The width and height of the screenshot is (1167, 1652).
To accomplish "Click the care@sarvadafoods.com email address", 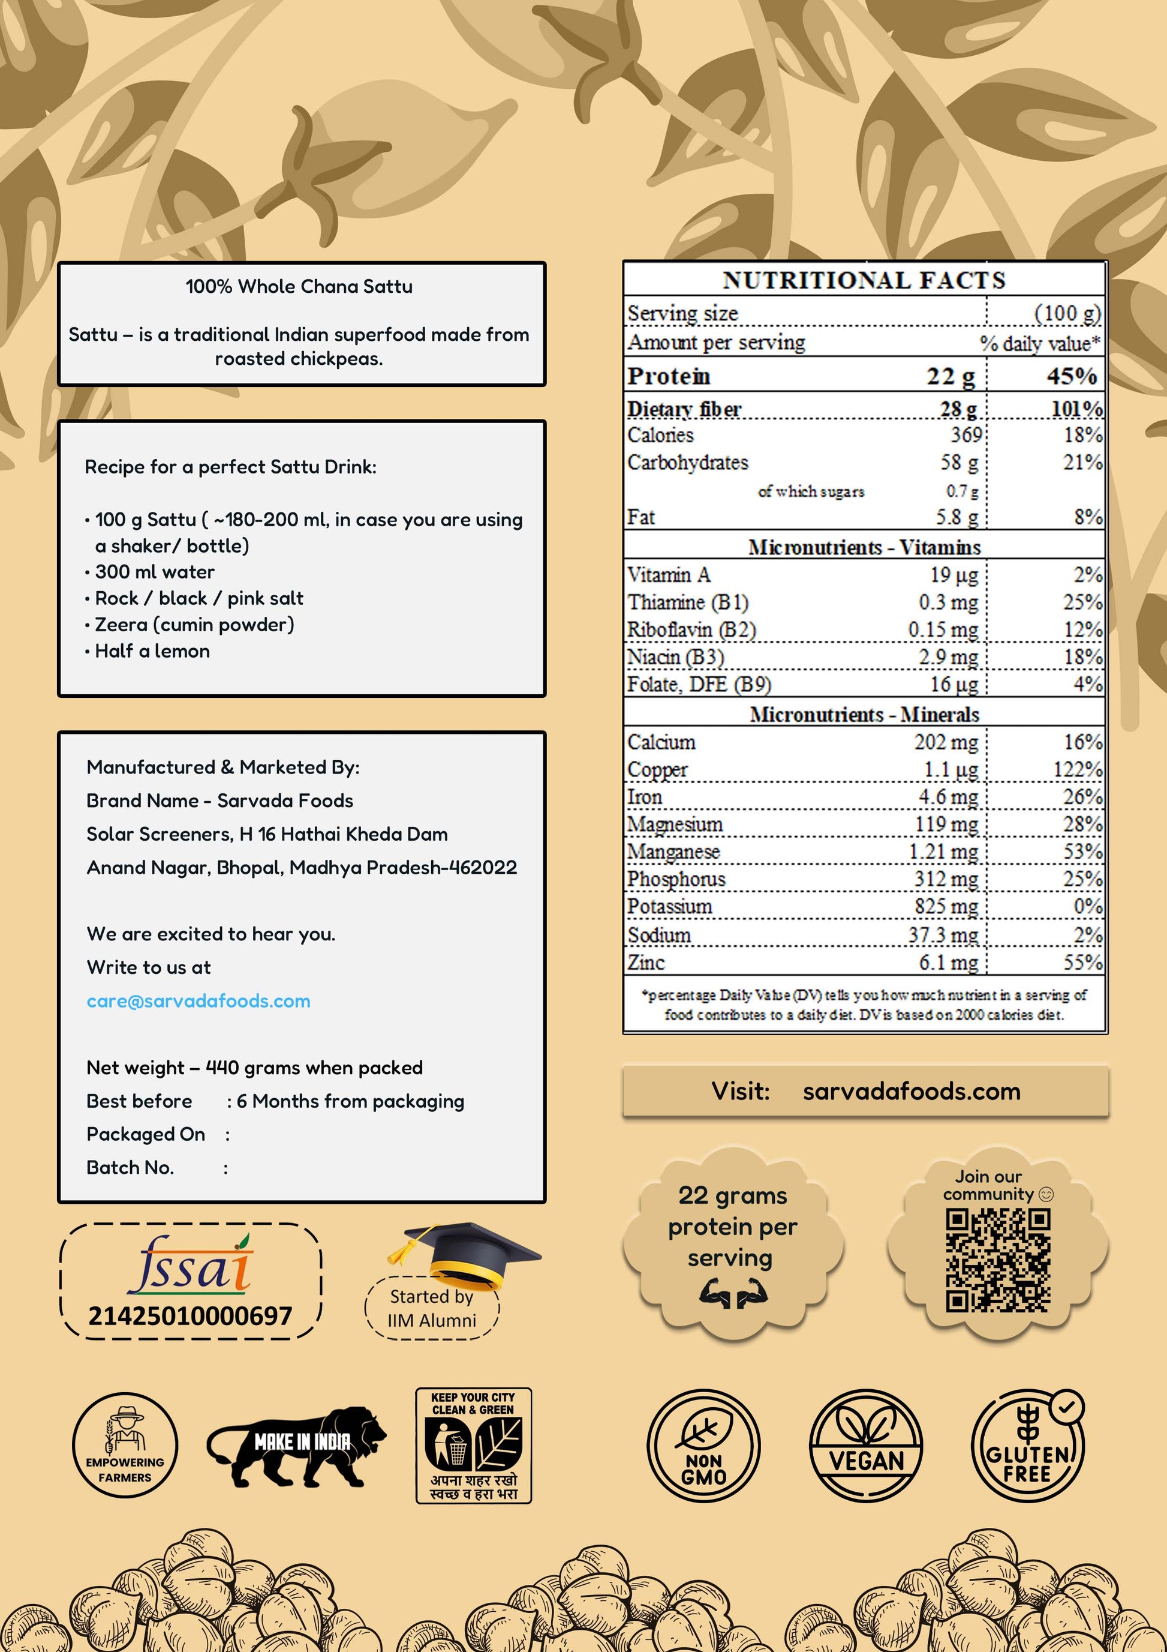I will pyautogui.click(x=198, y=1001).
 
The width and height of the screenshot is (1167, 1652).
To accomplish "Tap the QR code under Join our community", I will pyautogui.click(x=997, y=1260).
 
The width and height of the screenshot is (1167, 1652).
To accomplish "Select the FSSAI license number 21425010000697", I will pyautogui.click(x=190, y=1316).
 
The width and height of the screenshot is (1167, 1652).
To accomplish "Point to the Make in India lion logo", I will pyautogui.click(x=297, y=1446).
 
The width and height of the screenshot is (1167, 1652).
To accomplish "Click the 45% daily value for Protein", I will pyautogui.click(x=1072, y=376).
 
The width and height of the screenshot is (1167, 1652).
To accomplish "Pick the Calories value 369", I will pyautogui.click(x=966, y=434).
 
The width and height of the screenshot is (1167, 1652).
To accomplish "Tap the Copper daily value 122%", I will pyautogui.click(x=1077, y=770).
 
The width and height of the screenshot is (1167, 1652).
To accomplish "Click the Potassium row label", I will pyautogui.click(x=669, y=907).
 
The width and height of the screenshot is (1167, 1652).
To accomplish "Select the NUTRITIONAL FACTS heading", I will pyautogui.click(x=864, y=280).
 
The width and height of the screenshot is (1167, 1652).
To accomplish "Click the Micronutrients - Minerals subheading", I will pyautogui.click(x=864, y=715).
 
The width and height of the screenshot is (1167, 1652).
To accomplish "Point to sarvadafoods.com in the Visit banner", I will pyautogui.click(x=911, y=1092).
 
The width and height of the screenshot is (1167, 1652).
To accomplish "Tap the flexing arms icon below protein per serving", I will pyautogui.click(x=733, y=1294).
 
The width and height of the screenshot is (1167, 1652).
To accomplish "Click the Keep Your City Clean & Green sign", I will pyautogui.click(x=473, y=1446).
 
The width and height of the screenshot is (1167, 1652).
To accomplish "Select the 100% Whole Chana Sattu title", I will pyautogui.click(x=299, y=286).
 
